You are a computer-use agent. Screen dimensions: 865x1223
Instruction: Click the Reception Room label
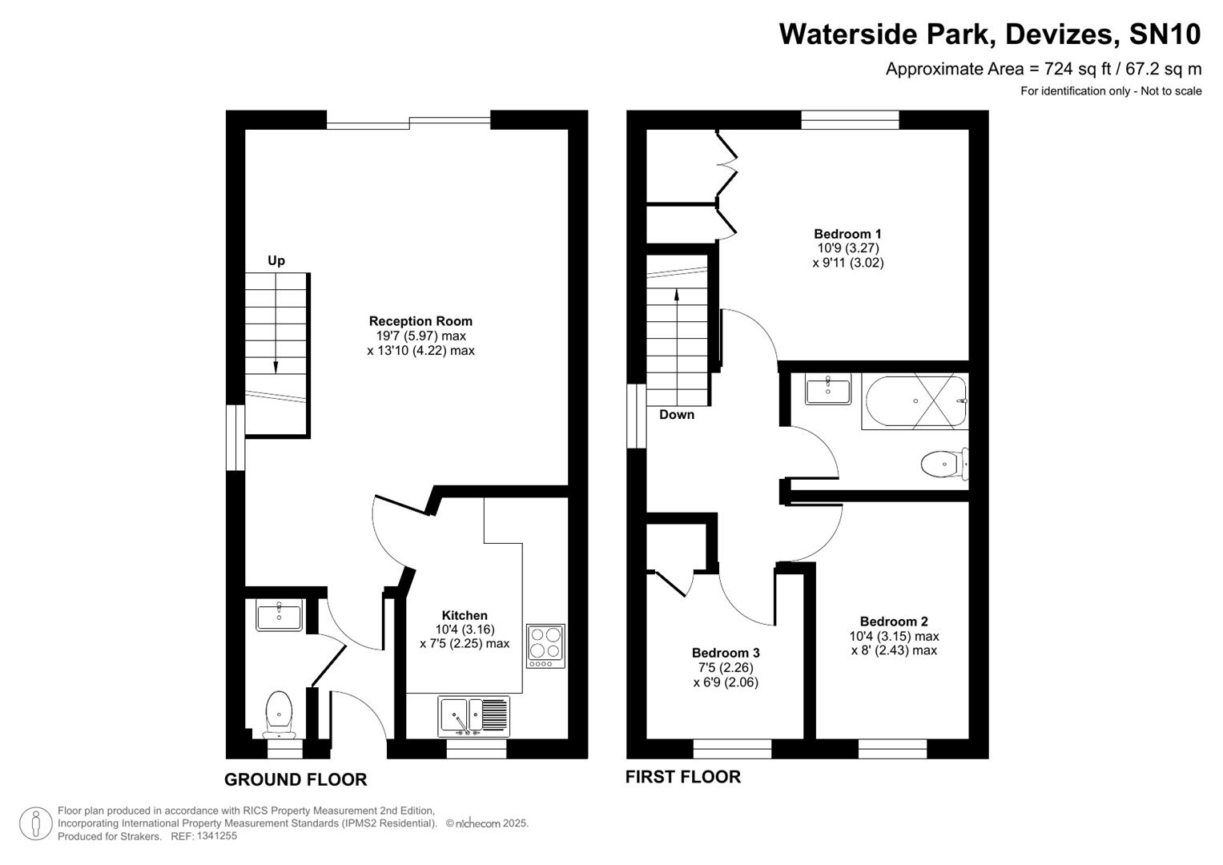coord(420,321)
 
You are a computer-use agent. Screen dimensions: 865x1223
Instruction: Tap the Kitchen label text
coord(465,615)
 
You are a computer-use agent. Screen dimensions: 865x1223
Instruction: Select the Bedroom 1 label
coord(847,234)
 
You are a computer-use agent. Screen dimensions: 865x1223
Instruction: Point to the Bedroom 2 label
coord(894,622)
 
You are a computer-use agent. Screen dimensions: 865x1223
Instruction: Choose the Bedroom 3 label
coord(726,653)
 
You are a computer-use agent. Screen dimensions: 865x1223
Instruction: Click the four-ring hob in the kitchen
coord(545,646)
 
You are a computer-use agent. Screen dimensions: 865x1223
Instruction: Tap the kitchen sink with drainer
coord(473,715)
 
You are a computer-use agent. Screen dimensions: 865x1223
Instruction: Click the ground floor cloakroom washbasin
coord(279,617)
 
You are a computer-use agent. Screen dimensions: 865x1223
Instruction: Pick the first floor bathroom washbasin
coord(828,391)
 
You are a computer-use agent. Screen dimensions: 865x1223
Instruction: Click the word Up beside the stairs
coord(276,260)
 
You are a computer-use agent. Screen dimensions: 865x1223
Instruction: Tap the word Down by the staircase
coord(677,414)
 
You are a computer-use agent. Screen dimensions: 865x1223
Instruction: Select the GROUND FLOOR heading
coord(296,779)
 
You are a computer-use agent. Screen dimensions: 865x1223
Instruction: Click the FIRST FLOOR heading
coord(682,777)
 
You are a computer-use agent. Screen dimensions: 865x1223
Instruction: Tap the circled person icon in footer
coord(36,823)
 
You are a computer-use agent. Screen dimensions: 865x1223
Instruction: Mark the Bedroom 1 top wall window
coord(850,119)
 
